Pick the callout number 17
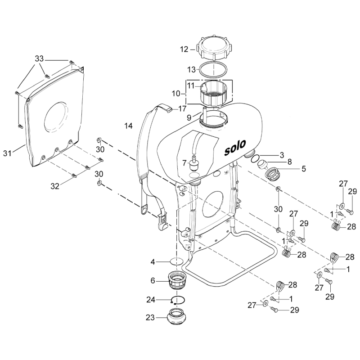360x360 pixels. click(182, 108)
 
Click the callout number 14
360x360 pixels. click(129, 126)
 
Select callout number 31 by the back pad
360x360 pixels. click(18, 153)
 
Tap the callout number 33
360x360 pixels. click(39, 59)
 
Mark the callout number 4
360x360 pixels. click(153, 261)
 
